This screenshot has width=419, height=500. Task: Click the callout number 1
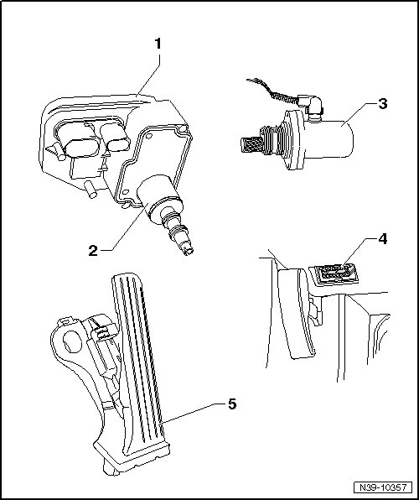click(x=158, y=44)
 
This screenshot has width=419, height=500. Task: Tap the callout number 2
click(x=93, y=251)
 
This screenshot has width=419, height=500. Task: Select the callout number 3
click(x=383, y=104)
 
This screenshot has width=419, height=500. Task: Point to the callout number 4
click(x=383, y=239)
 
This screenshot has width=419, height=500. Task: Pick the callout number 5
click(x=232, y=404)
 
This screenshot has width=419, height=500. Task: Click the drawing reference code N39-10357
click(x=383, y=487)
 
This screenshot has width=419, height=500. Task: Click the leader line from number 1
click(x=147, y=76)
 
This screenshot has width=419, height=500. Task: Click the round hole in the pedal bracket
click(x=72, y=341)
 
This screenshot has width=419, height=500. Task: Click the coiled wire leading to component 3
click(x=274, y=91)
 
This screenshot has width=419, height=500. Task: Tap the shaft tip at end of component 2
click(x=187, y=249)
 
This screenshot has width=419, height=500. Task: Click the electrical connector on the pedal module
click(x=104, y=331)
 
